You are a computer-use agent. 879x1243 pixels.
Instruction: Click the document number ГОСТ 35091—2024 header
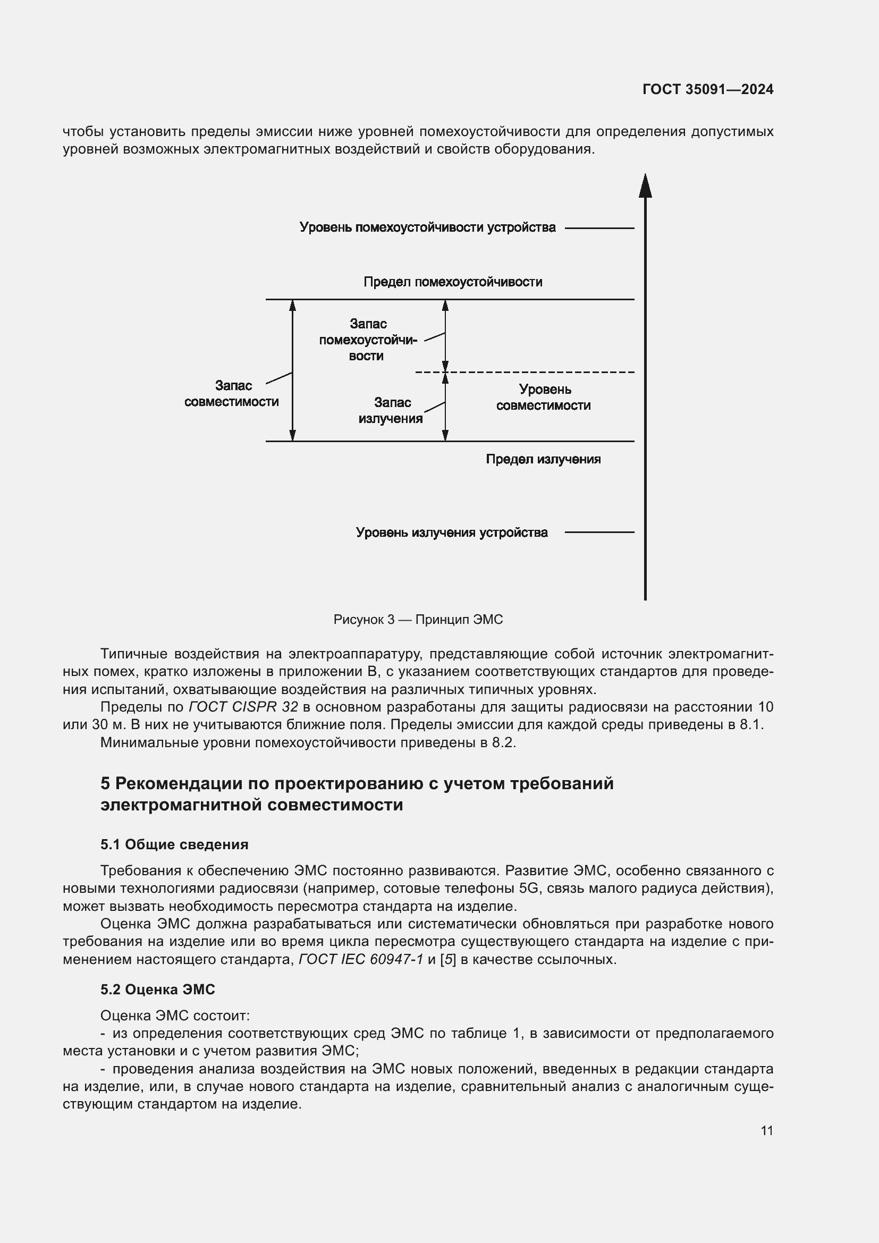(x=707, y=89)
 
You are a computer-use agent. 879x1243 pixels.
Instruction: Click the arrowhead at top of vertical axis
(x=645, y=185)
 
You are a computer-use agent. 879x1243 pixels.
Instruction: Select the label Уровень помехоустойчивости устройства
(x=427, y=227)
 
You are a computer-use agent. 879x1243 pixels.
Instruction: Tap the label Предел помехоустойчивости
(x=452, y=282)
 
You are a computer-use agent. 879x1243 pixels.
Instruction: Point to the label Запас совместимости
(x=232, y=394)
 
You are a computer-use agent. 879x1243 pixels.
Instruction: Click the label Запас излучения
(x=390, y=410)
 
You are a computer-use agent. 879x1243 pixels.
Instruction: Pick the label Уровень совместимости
(x=544, y=398)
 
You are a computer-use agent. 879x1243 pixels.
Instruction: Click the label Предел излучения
(x=543, y=459)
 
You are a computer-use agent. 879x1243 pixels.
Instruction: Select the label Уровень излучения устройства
(x=451, y=532)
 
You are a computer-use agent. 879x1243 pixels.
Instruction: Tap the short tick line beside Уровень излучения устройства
(x=599, y=532)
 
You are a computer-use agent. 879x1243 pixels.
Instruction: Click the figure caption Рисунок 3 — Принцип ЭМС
(x=418, y=619)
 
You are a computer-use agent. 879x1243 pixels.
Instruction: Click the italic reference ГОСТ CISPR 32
(x=243, y=707)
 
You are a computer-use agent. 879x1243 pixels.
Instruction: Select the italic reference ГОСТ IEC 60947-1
(x=360, y=959)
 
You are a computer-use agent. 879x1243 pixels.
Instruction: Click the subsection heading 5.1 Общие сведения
(x=174, y=844)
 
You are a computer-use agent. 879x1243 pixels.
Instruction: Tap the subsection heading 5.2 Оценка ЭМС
(x=157, y=990)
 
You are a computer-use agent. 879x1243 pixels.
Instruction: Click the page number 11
(x=766, y=1130)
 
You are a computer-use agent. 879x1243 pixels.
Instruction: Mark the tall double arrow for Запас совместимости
(x=292, y=370)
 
